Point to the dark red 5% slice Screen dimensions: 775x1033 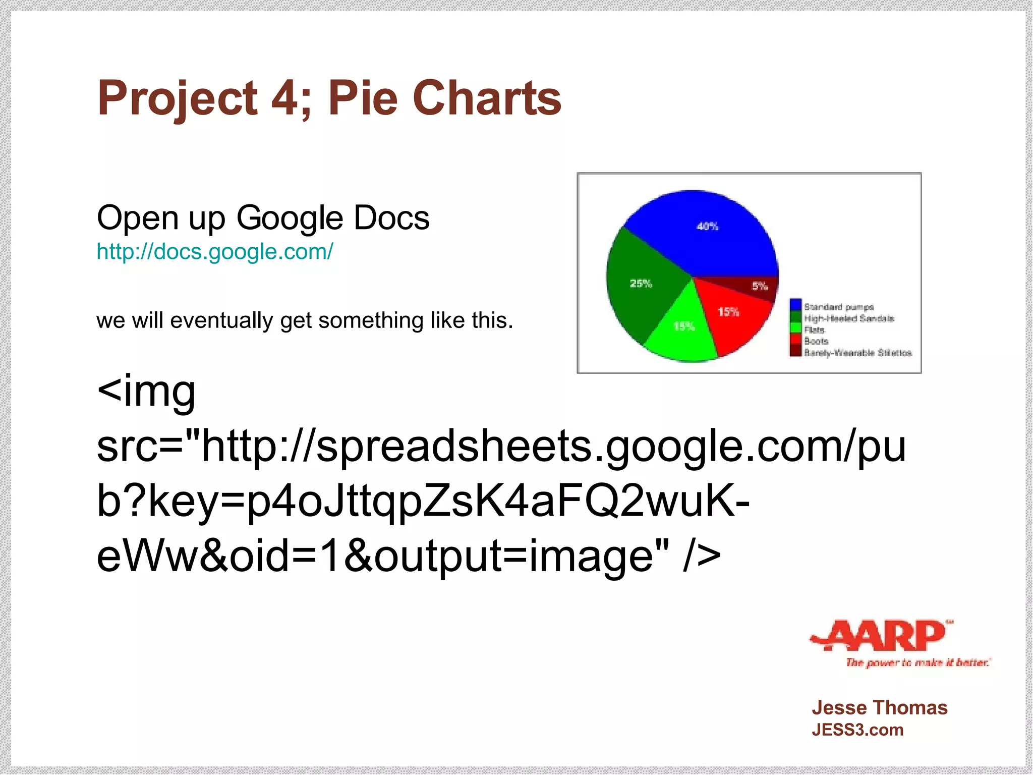(x=757, y=286)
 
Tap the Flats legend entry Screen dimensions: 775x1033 (x=814, y=330)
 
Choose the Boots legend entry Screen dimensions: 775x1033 (x=816, y=341)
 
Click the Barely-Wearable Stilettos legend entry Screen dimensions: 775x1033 (x=857, y=353)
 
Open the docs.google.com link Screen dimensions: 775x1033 (x=215, y=252)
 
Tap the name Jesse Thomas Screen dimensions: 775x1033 (x=880, y=708)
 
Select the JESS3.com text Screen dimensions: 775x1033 (x=857, y=730)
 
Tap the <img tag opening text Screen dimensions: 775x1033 (x=146, y=391)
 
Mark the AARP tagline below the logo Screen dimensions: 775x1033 (x=918, y=662)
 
